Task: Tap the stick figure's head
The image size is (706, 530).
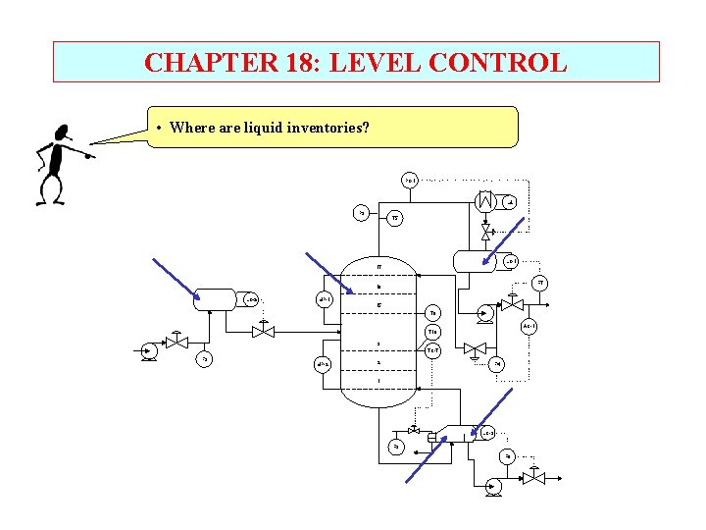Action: click(x=63, y=132)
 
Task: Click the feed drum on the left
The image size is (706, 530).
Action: click(x=217, y=298)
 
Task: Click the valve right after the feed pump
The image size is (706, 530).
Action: click(x=176, y=343)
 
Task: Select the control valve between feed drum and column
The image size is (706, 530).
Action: click(x=262, y=331)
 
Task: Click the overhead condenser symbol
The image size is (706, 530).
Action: click(x=485, y=201)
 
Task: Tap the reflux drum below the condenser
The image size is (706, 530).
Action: click(x=479, y=261)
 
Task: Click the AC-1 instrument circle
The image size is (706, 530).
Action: click(x=528, y=326)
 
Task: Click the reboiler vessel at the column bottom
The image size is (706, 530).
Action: click(x=453, y=433)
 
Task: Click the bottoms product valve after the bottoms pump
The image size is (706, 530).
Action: click(x=533, y=478)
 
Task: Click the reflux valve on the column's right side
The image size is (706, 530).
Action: click(x=474, y=348)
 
